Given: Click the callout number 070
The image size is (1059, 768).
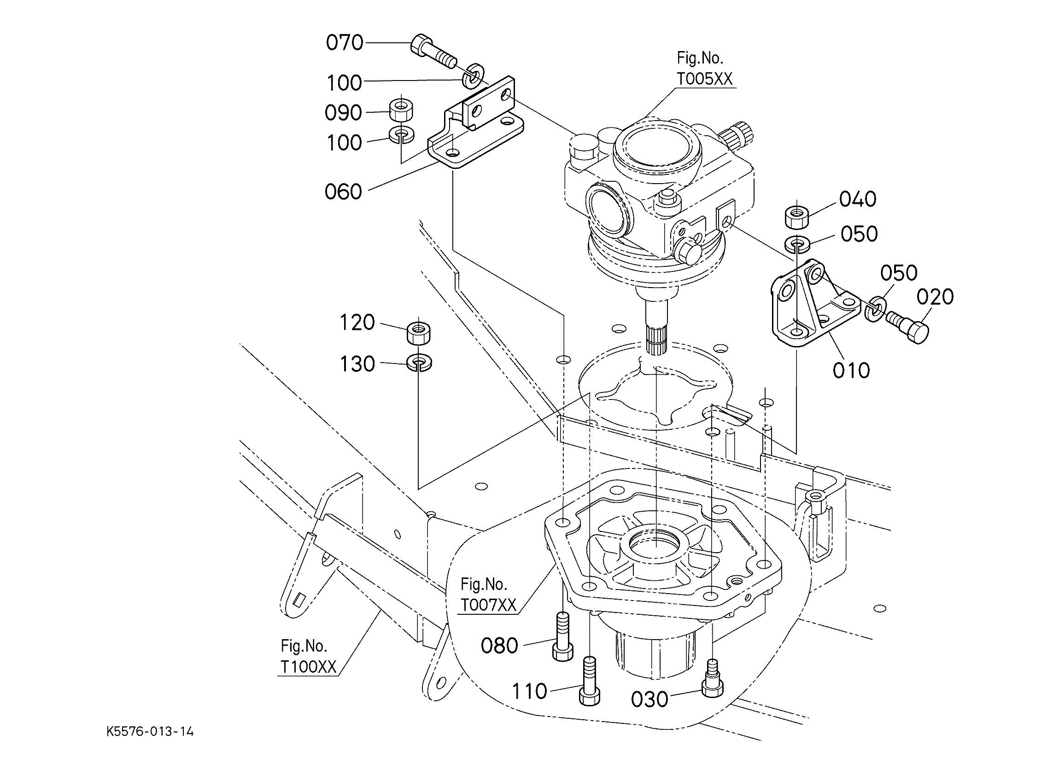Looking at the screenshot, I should [344, 43].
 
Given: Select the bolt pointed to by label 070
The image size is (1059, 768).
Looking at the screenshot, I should [433, 52].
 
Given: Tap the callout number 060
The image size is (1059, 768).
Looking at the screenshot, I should [343, 192].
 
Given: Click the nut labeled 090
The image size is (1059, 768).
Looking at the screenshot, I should [401, 110].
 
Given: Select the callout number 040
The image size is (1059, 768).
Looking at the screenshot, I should [857, 199].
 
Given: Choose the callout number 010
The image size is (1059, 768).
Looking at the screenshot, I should [851, 370].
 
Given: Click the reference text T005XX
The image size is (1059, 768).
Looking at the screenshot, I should [705, 79].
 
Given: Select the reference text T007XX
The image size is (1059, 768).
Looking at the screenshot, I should [488, 605].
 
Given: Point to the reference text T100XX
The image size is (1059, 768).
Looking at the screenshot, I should [308, 667].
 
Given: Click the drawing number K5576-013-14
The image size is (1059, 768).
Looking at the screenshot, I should [150, 731].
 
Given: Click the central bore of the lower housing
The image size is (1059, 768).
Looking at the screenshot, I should [656, 543].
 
